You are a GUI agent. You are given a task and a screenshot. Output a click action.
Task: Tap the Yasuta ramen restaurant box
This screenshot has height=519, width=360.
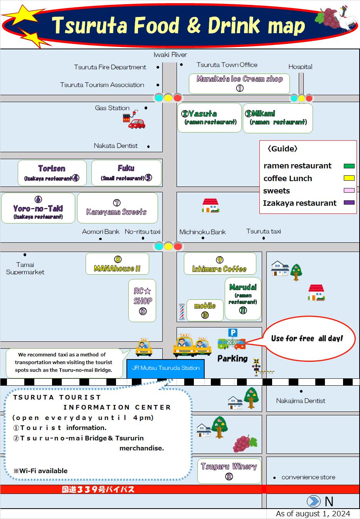(210, 118)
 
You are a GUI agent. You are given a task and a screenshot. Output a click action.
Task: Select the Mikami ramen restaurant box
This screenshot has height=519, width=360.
(278, 118)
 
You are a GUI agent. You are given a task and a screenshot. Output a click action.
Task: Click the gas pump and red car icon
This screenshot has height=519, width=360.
(134, 120)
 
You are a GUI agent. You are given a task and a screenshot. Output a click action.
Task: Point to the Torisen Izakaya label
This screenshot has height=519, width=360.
(52, 173)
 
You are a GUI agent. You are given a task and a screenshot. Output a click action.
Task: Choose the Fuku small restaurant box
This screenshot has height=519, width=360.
(126, 173)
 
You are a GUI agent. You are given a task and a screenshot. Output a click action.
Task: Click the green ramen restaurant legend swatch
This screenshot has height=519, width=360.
(349, 166)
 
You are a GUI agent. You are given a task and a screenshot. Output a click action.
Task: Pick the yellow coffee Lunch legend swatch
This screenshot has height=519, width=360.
(349, 178)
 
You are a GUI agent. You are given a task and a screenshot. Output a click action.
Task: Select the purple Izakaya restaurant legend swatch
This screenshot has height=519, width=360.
(349, 203)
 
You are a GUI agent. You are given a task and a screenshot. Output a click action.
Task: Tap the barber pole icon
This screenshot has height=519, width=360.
(182, 312)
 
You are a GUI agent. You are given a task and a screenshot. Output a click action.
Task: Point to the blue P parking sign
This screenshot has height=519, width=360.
(232, 333)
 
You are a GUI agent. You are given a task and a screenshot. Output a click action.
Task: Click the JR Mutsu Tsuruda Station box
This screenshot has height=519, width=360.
(166, 368)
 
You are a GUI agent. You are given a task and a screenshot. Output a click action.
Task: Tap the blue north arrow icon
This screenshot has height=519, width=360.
(313, 501)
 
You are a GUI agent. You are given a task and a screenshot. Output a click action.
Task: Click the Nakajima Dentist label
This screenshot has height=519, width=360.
(301, 401)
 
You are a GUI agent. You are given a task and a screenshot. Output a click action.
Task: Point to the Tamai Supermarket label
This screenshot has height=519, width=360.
(25, 268)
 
